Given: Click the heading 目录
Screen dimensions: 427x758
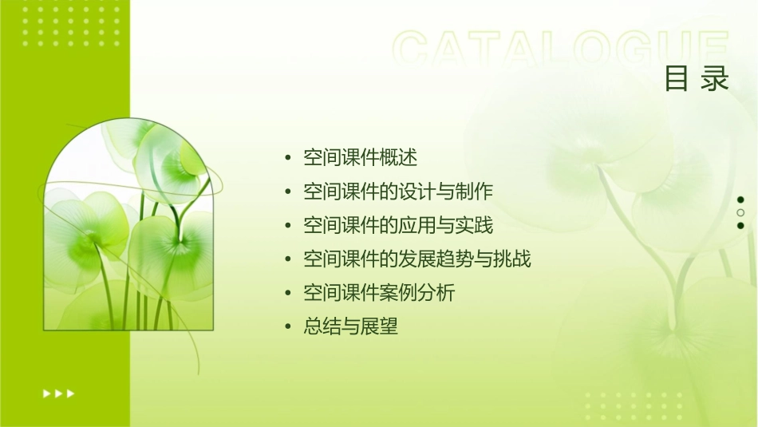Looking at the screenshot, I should click(697, 78).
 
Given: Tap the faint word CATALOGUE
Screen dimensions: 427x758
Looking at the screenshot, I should click(561, 49).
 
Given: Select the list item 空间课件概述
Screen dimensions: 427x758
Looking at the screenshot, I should click(361, 157).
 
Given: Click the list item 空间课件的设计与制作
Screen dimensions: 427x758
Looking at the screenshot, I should click(398, 192).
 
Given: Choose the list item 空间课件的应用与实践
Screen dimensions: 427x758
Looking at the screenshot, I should click(398, 226).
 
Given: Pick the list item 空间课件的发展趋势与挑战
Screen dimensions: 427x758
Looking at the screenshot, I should click(417, 259).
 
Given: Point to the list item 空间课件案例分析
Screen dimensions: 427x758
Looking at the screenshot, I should click(379, 293).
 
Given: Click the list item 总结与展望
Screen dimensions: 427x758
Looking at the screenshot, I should click(350, 326).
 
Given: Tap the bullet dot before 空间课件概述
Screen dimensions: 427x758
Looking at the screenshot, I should click(288, 158).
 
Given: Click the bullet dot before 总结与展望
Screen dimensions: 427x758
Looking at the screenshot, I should click(288, 327).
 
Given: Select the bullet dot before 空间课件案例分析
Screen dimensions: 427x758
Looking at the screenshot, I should click(288, 294).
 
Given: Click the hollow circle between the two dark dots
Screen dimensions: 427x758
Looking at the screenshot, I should click(740, 212).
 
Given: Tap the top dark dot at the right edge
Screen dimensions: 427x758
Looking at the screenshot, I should click(740, 200).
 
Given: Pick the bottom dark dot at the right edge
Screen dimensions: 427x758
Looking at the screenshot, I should click(740, 225).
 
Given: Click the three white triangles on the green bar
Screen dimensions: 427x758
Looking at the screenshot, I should click(59, 393).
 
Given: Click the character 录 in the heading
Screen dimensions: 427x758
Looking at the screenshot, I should click(716, 78).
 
